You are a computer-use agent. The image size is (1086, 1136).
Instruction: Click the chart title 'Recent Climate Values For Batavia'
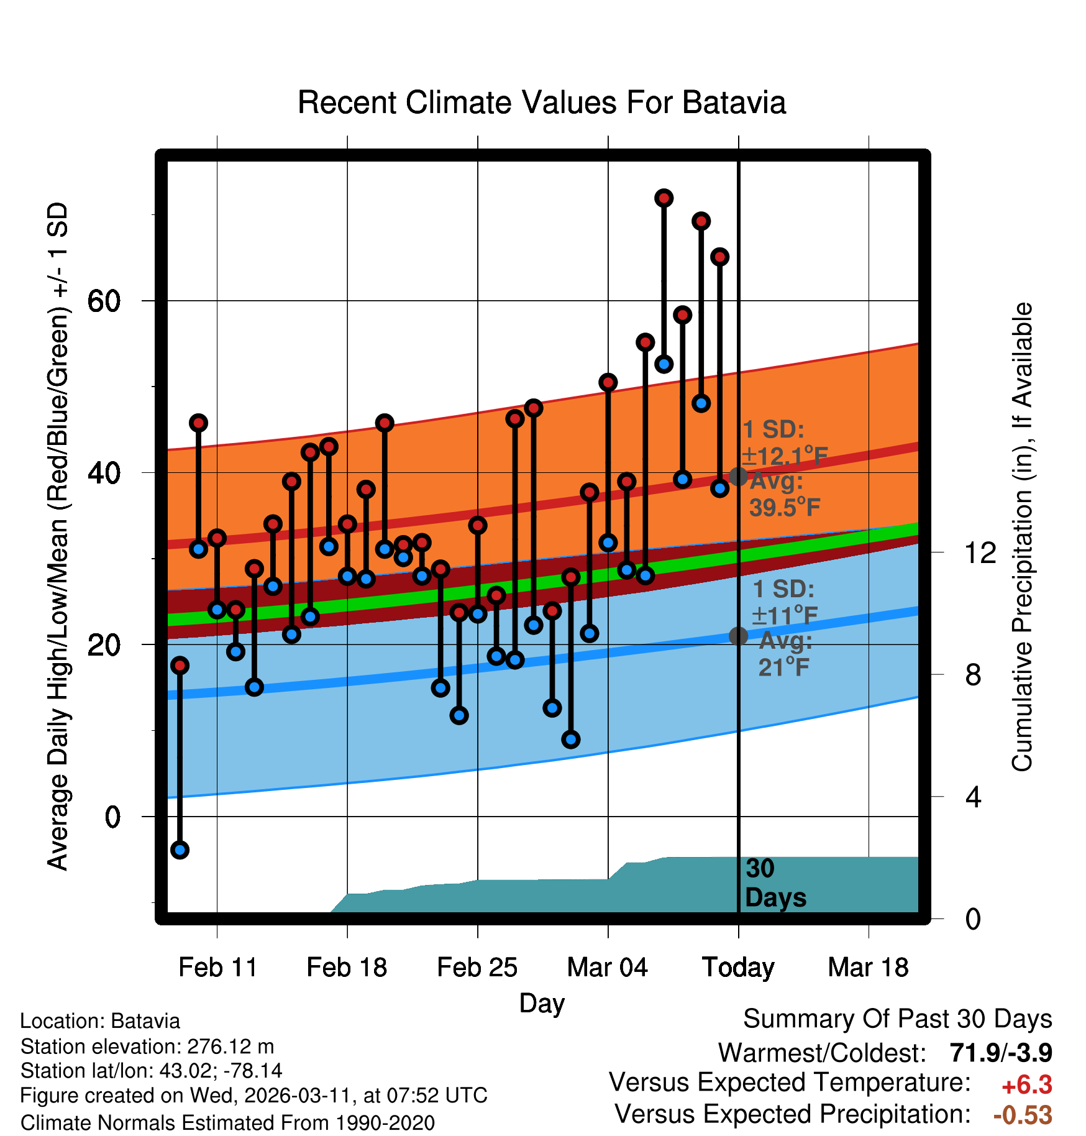[x=542, y=103]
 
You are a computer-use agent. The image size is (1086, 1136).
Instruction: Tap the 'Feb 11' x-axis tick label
[x=217, y=968]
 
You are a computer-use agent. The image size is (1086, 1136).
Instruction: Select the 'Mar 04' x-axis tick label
[x=607, y=968]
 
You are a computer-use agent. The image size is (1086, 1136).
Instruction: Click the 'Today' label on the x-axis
[x=738, y=968]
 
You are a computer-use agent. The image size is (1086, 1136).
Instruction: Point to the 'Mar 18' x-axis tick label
[x=868, y=968]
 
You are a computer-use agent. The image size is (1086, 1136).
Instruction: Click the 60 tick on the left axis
[x=104, y=301]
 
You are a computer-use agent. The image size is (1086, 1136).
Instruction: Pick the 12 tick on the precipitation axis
[x=980, y=552]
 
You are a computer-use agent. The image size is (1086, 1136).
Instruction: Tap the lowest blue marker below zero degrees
[x=180, y=850]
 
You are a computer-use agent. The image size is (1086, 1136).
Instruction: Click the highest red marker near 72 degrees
[x=664, y=198]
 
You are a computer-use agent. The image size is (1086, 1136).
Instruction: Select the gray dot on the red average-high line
[x=738, y=477]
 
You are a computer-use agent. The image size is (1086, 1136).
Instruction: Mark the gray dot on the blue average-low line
[x=738, y=636]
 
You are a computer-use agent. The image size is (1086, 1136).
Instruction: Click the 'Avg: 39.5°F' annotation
[x=784, y=495]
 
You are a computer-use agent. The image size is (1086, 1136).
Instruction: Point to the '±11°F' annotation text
[x=784, y=616]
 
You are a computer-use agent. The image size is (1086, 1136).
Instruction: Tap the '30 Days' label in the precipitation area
[x=775, y=883]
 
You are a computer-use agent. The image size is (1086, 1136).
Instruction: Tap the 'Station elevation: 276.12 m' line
[x=147, y=1047]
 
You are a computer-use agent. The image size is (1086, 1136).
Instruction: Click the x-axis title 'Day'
[x=542, y=1003]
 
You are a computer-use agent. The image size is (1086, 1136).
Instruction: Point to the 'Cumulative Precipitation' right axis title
[x=1022, y=537]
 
